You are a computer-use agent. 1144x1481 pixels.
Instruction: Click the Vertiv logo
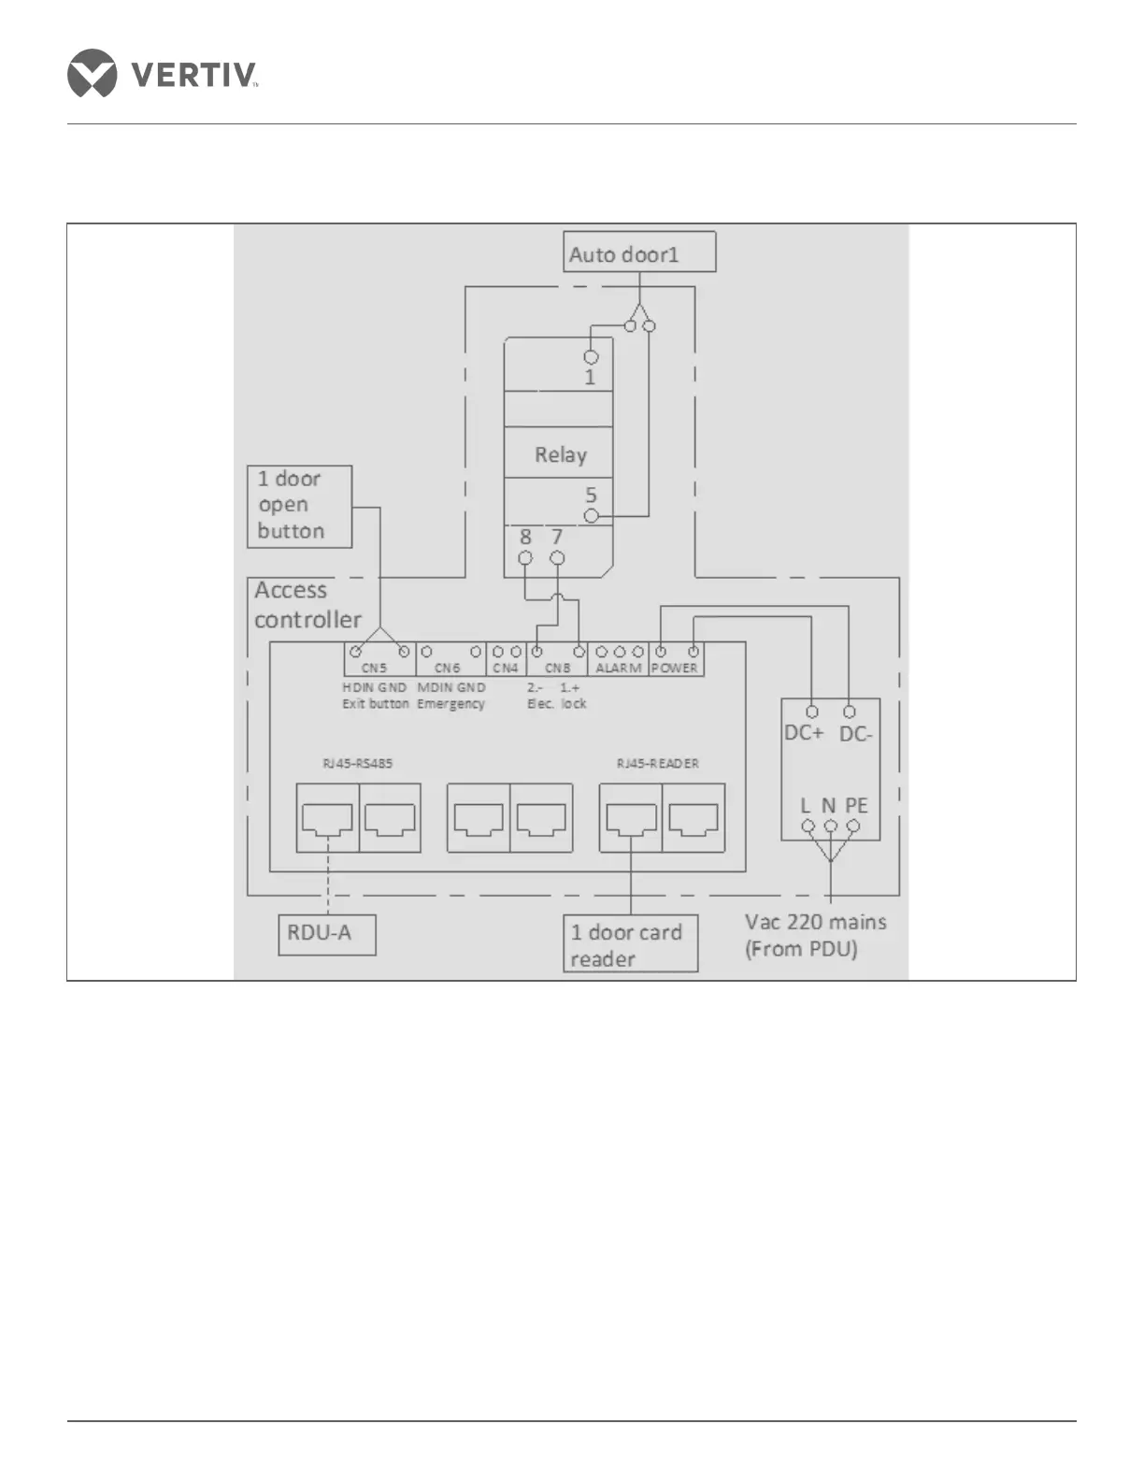coord(163,73)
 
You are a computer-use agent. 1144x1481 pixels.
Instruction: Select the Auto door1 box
coord(639,252)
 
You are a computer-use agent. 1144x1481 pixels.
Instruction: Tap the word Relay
coord(560,454)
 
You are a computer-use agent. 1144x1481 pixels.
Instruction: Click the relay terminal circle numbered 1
coord(591,357)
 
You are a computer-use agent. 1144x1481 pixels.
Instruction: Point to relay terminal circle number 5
coord(591,515)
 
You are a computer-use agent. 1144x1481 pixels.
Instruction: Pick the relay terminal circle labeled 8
coord(525,558)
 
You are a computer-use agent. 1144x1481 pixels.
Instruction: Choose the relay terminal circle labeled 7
coord(557,558)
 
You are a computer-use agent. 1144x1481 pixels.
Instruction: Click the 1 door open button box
coord(299,506)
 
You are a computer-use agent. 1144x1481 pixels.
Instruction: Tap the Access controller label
coord(307,605)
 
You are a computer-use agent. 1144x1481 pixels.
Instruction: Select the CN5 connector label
coord(374,668)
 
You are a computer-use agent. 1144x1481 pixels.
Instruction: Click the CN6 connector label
coord(448,668)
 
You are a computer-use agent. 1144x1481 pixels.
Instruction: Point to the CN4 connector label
coord(506,668)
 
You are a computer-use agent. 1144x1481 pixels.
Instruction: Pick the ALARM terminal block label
coord(619,668)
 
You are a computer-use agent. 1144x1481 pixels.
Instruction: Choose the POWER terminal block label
coord(675,668)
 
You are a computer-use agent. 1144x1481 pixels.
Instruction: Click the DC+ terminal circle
coord(811,712)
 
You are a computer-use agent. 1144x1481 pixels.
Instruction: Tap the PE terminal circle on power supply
coord(852,827)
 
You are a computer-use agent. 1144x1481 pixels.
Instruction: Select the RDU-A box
coord(327,934)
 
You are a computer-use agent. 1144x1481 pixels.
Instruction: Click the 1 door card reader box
coord(630,944)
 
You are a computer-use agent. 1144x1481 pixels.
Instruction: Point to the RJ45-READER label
coord(657,763)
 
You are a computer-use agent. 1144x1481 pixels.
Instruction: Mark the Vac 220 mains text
coord(815,922)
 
